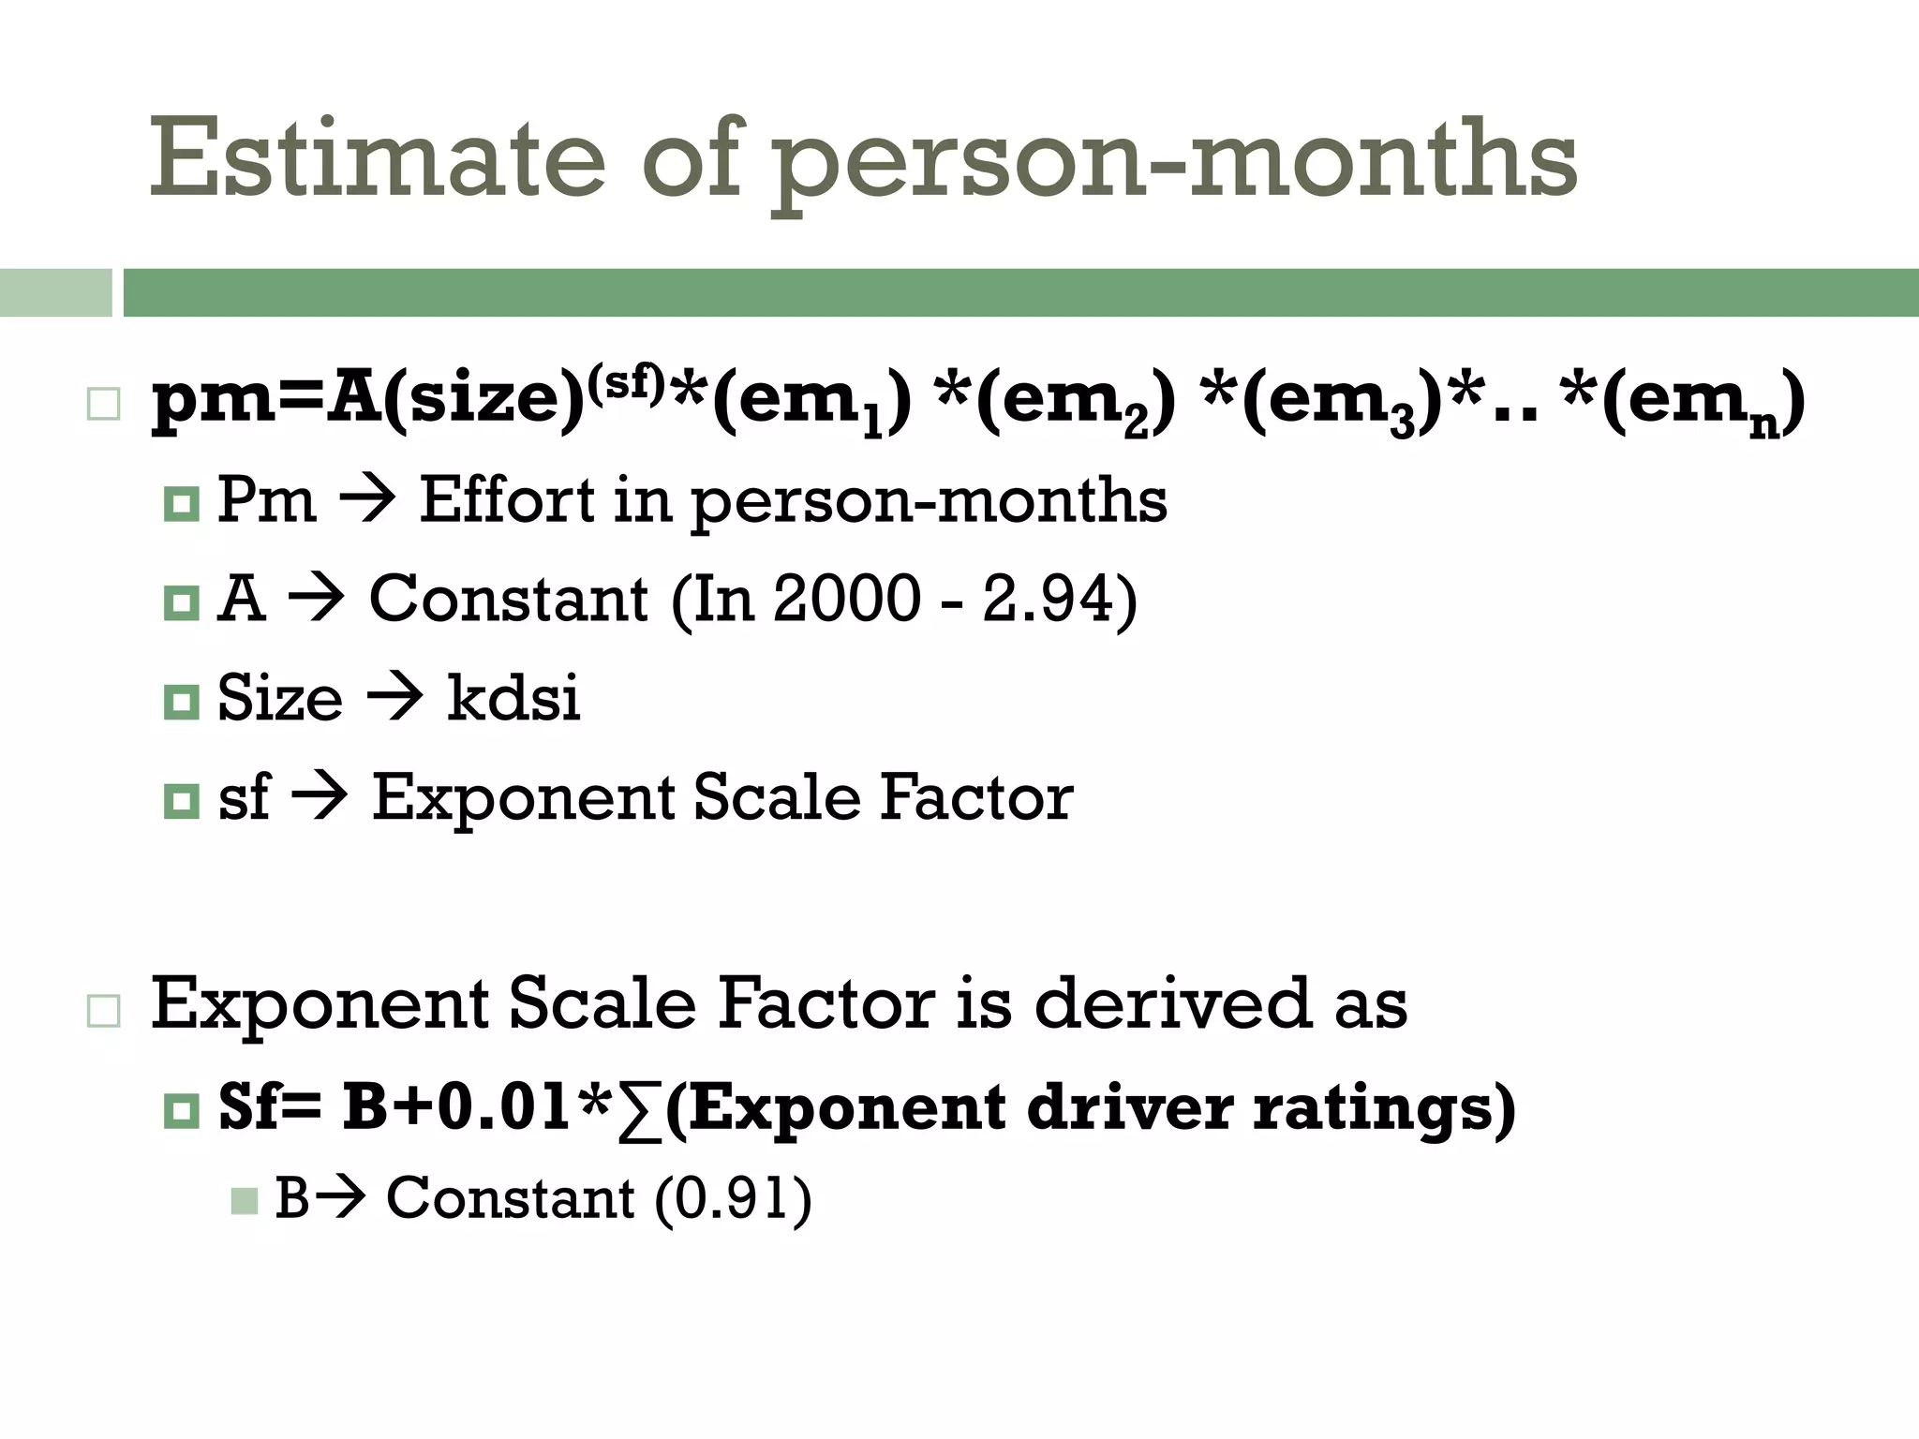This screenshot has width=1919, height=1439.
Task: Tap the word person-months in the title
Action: (1175, 161)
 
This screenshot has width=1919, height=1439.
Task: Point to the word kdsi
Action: (513, 697)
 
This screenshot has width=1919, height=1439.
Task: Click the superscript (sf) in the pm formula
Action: (626, 379)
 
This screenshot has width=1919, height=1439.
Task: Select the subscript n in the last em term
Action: (1764, 425)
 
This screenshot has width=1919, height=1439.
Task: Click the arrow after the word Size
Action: (394, 699)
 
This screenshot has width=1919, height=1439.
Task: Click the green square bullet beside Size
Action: (181, 701)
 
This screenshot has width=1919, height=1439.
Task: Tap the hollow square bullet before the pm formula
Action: (103, 405)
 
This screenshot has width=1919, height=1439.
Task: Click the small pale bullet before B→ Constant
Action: (244, 1201)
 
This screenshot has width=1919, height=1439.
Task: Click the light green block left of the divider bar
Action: (55, 292)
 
